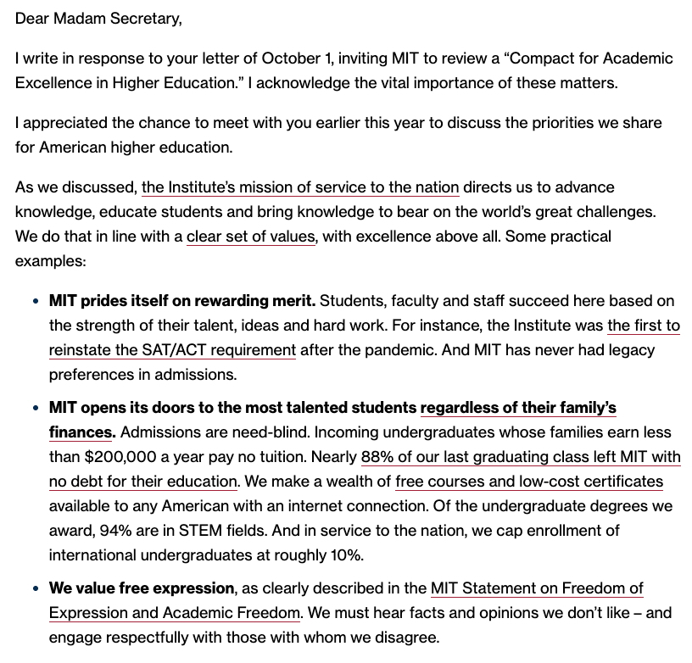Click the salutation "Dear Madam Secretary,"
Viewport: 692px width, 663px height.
[x=98, y=18]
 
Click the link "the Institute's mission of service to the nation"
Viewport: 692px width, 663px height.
[x=300, y=187]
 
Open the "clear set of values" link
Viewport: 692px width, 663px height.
[x=251, y=236]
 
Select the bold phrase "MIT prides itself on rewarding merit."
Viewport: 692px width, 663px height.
[x=182, y=300]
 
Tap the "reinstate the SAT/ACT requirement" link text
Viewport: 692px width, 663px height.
[x=172, y=349]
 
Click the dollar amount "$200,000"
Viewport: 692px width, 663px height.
[x=120, y=456]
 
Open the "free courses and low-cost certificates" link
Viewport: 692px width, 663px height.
[x=529, y=482]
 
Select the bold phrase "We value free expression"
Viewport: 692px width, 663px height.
[x=142, y=588]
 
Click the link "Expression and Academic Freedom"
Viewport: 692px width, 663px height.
[x=174, y=612]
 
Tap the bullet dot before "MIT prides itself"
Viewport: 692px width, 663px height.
[x=35, y=301]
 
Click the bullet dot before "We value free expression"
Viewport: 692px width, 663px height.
[x=35, y=588]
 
